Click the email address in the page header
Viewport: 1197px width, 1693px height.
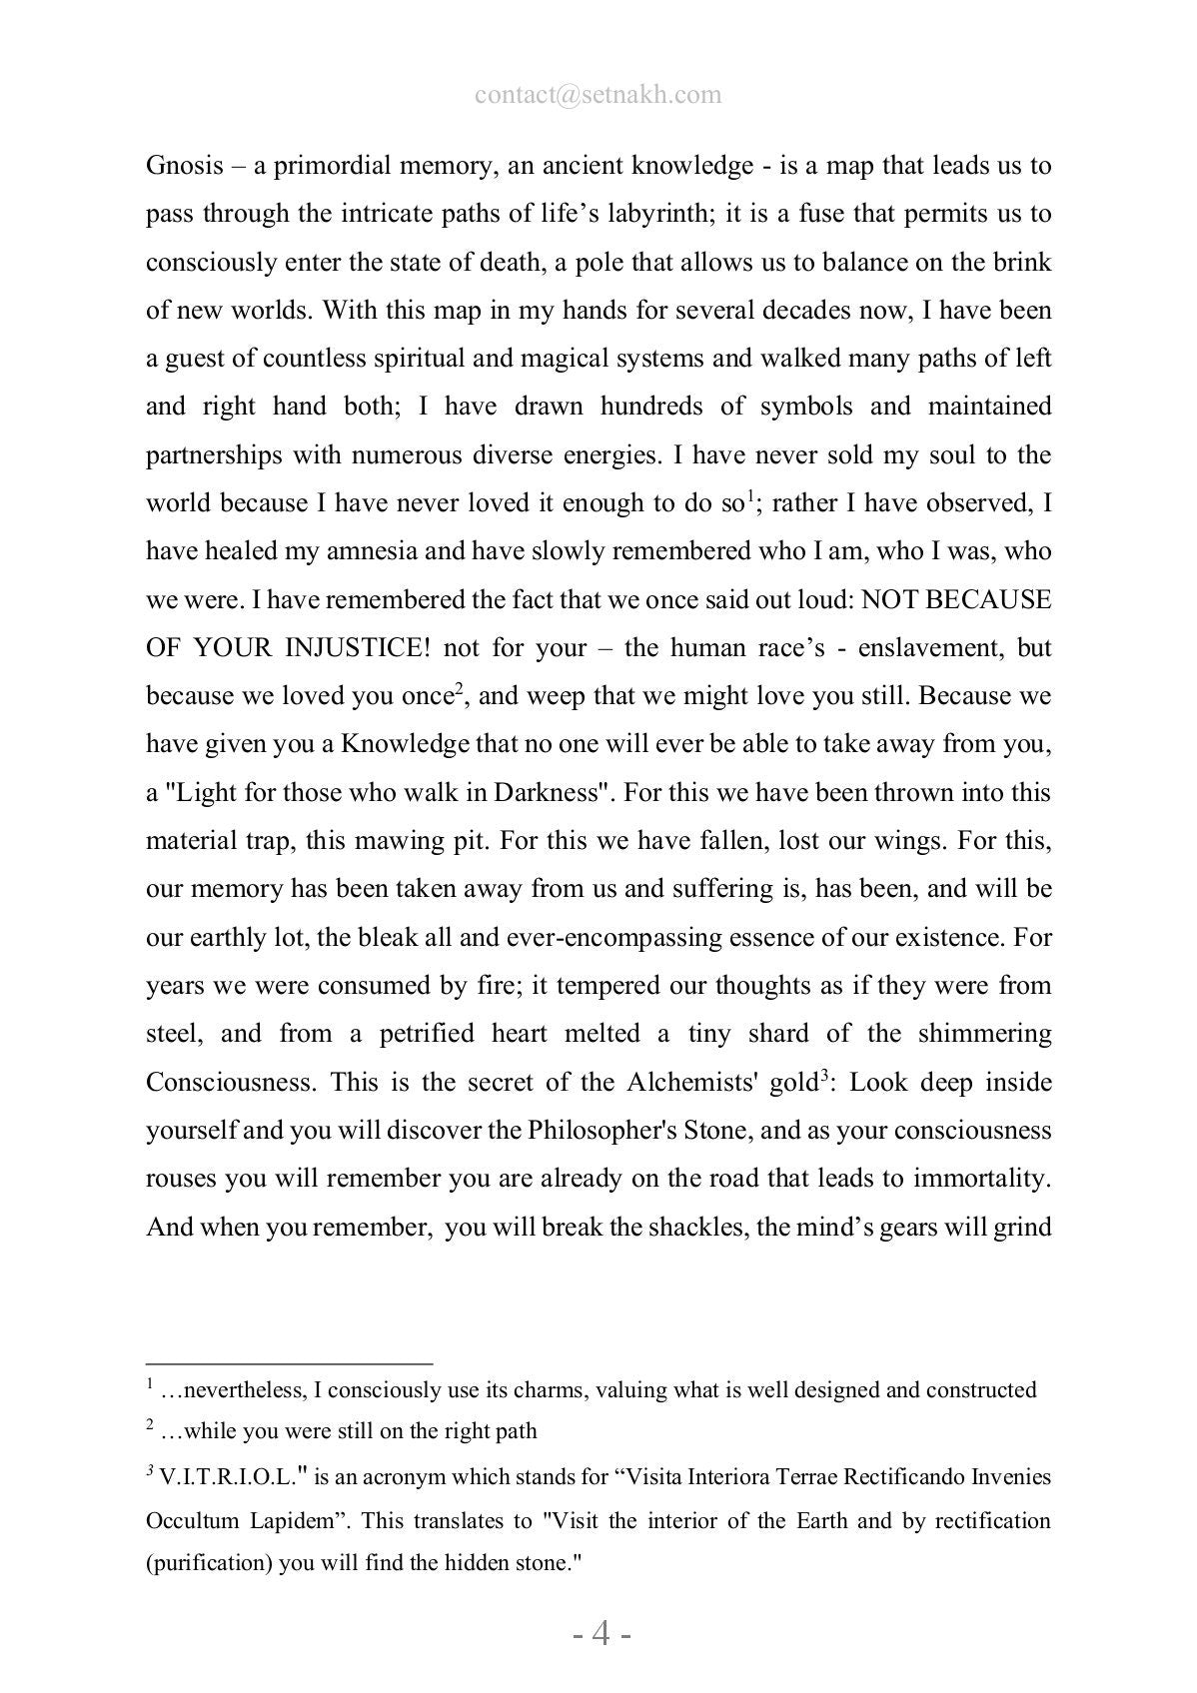(x=598, y=95)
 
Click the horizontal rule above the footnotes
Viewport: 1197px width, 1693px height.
(x=289, y=1362)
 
